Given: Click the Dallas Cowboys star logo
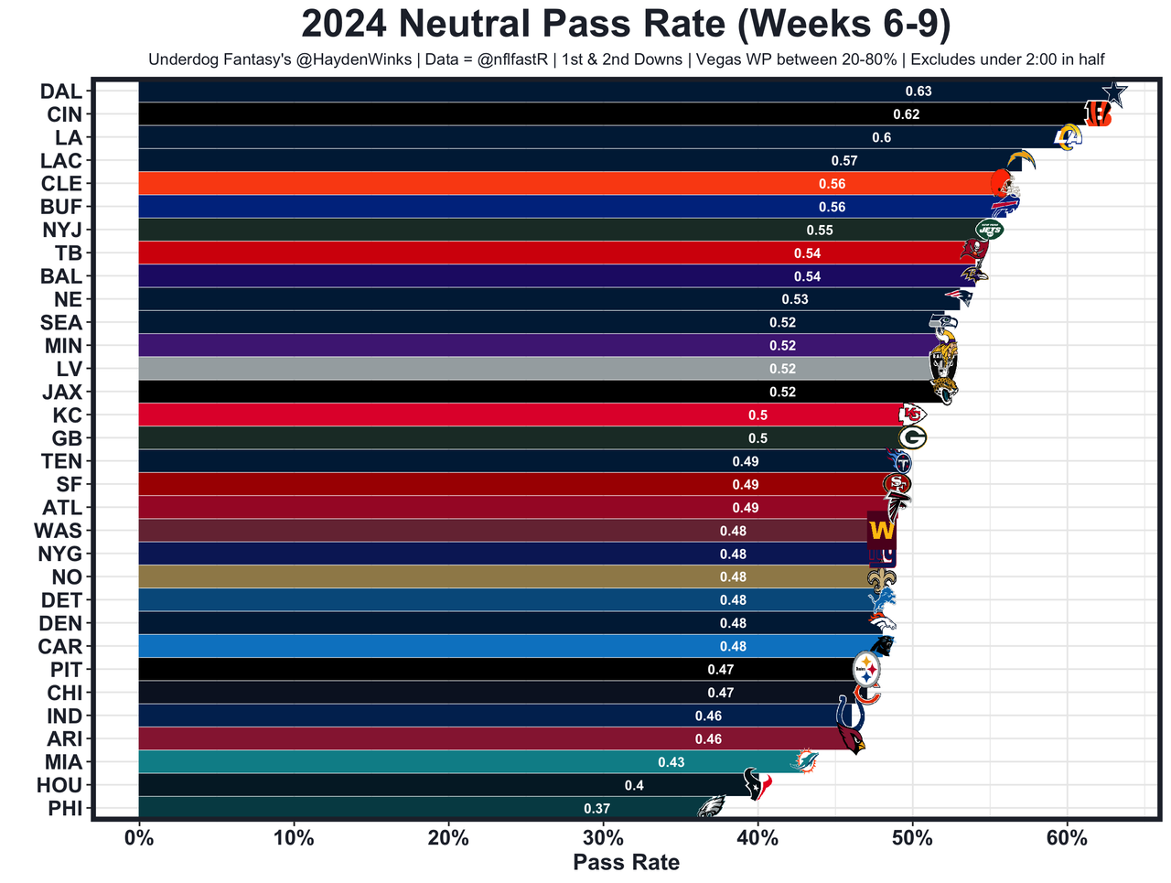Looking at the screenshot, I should coord(1113,93).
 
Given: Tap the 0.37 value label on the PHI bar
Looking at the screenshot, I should coord(596,809).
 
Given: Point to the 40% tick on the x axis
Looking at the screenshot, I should coord(757,837).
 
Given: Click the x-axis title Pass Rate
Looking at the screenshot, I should coord(626,863).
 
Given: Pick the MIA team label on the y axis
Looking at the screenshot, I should coord(63,762).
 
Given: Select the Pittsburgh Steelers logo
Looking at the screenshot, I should coord(866,670).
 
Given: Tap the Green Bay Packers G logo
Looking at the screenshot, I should coord(912,438).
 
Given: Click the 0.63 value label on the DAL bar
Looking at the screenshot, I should coord(918,92).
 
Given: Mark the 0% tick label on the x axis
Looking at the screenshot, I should coord(139,837).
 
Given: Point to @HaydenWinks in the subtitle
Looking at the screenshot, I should coord(352,59).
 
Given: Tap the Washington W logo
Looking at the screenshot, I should coord(882,530).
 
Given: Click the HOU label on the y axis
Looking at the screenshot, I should coord(59,785).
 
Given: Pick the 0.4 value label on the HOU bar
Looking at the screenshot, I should coord(633,786).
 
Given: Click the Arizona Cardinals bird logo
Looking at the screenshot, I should coord(852,739).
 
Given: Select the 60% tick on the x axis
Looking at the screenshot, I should coord(1067,837).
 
